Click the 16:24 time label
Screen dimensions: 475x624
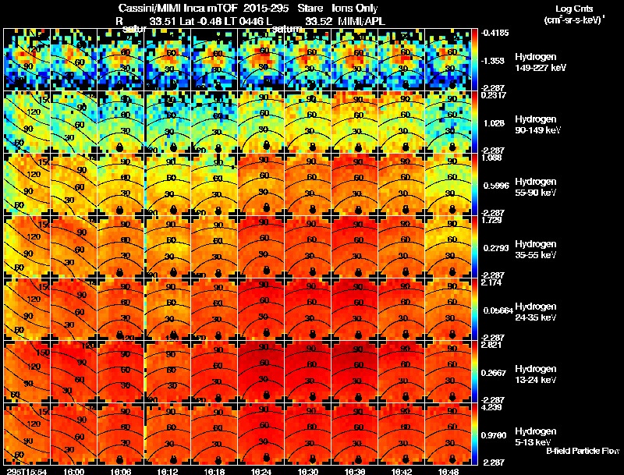[x=263, y=471]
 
